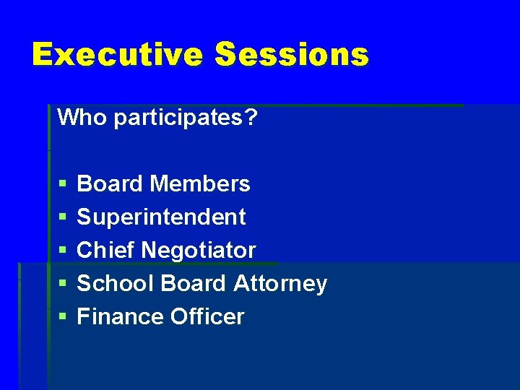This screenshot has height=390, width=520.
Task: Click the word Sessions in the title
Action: pyautogui.click(x=292, y=55)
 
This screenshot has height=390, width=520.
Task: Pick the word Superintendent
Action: pyautogui.click(x=161, y=217)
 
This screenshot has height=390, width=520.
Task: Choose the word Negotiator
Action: pyautogui.click(x=199, y=251)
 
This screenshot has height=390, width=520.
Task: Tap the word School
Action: pyautogui.click(x=116, y=284)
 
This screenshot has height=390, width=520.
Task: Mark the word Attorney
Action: pyautogui.click(x=280, y=284)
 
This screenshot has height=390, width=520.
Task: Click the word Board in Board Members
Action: pyautogui.click(x=110, y=184)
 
